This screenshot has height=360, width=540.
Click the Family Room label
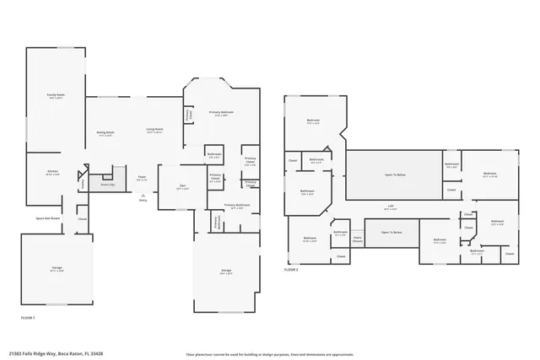pyautogui.click(x=56, y=96)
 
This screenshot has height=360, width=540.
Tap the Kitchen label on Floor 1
pyautogui.click(x=52, y=171)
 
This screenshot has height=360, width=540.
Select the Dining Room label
pyautogui.click(x=105, y=133)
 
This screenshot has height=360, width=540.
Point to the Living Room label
pyautogui.click(x=154, y=130)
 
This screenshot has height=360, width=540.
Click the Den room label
pyautogui.click(x=181, y=187)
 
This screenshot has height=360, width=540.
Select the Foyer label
pyautogui.click(x=143, y=178)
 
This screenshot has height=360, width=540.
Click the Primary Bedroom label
pyautogui.click(x=221, y=113)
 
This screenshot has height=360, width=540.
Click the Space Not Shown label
pyautogui.click(x=47, y=218)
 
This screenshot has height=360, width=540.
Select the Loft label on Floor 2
pyautogui.click(x=391, y=207)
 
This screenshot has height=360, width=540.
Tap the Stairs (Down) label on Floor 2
pyautogui.click(x=357, y=239)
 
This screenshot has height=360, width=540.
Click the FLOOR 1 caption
pyautogui.click(x=28, y=317)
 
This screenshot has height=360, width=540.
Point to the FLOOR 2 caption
pyautogui.click(x=291, y=269)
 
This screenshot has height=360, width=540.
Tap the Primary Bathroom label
pyautogui.click(x=237, y=206)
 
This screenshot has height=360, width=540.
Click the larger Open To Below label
pyautogui.click(x=395, y=175)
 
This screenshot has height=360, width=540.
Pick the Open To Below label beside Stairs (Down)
pyautogui.click(x=391, y=232)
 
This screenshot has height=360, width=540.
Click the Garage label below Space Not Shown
pyautogui.click(x=56, y=269)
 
